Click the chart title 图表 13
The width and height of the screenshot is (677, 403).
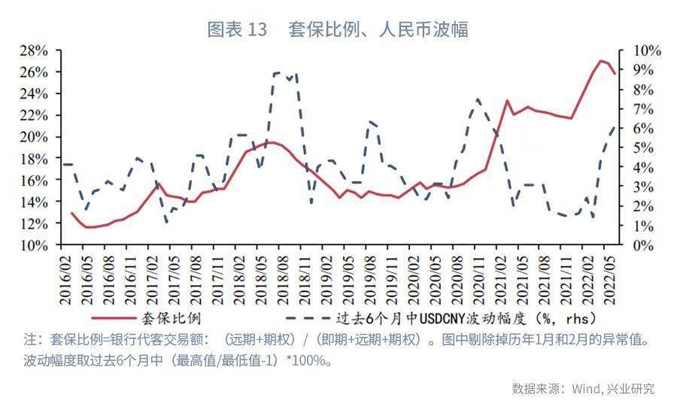coord(237,29)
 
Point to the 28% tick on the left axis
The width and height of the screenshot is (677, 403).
coord(34,50)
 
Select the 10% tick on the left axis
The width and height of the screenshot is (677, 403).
coord(34,245)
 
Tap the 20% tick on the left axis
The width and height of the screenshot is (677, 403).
coord(34,137)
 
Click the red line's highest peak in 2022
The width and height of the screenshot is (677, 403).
coord(601,60)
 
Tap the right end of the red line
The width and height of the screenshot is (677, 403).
coord(615,74)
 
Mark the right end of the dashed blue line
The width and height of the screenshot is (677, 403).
coord(615,126)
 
